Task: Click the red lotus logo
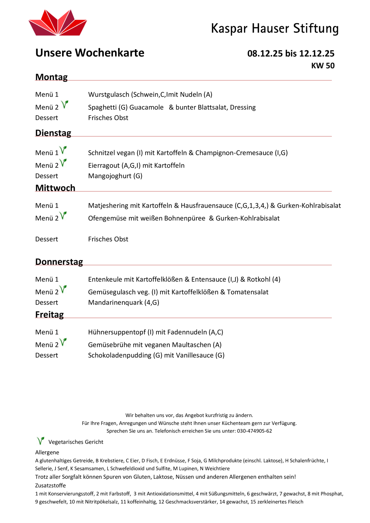58,23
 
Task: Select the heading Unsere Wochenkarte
90,53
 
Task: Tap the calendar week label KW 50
323,66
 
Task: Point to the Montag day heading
51,77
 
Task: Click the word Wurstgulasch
109,94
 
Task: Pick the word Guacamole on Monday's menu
146,107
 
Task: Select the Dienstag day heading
53,133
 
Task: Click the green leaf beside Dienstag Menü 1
63,150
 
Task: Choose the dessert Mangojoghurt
110,176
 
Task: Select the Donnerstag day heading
59,262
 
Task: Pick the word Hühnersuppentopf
117,332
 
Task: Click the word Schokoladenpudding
120,355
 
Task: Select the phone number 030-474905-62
254,431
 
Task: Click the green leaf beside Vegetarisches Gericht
40,441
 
